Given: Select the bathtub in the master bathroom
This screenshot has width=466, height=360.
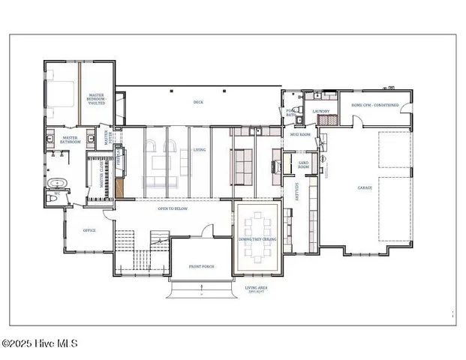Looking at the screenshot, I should [57, 182].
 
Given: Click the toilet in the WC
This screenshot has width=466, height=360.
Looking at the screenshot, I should [56, 196].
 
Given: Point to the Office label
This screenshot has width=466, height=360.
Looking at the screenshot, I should [89, 230].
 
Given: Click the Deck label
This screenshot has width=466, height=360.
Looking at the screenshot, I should [198, 102].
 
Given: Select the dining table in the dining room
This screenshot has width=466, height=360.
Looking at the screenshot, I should [259, 237].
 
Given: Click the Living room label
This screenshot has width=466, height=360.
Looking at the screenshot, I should [200, 149].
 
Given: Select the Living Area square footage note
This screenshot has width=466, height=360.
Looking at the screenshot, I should [257, 289].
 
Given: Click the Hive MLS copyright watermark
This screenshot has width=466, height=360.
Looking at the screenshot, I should [39, 344].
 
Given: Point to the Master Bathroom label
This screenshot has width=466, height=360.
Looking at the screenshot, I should [71, 139].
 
